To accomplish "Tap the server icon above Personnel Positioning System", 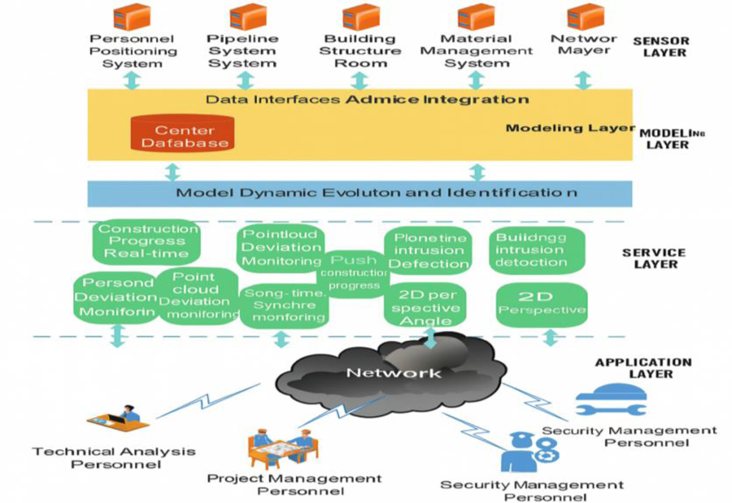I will tap(132, 17).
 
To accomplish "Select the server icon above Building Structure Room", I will tap(361, 17).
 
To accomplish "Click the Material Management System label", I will tap(476, 51).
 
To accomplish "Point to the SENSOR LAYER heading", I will tap(661, 47).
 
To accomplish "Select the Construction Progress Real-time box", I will tap(148, 241).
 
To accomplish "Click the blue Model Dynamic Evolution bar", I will tap(360, 193).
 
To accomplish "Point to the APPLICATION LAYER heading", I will tap(644, 368).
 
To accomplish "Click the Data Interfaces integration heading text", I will tap(367, 99).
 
